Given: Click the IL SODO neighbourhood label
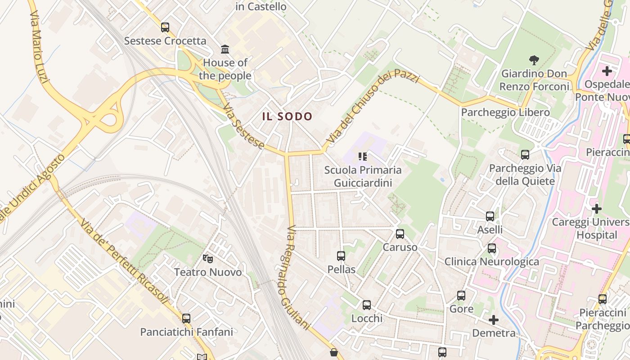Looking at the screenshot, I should click(287, 117).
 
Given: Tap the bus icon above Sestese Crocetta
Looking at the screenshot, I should click(165, 27).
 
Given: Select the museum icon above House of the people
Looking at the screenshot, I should click(225, 49).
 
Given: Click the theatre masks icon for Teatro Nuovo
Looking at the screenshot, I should click(207, 258).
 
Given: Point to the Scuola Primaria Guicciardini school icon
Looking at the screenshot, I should click(363, 157).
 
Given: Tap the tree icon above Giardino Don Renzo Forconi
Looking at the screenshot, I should click(534, 60).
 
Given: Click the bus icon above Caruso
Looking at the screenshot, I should click(400, 234).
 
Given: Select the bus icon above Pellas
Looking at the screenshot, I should click(341, 256).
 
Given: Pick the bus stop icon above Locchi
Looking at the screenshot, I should click(367, 305).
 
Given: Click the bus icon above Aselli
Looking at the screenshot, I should click(490, 216).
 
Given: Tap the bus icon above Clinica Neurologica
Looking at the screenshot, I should click(492, 248).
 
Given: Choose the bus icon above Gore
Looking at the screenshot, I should click(461, 296).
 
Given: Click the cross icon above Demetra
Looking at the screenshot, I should click(494, 320).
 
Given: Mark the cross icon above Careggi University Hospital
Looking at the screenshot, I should click(597, 209).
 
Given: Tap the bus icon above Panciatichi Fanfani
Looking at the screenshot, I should click(186, 319).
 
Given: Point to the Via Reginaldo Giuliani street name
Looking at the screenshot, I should click(297, 277).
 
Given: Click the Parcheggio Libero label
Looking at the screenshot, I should click(505, 112).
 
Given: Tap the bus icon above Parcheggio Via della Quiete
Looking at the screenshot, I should click(525, 155).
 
